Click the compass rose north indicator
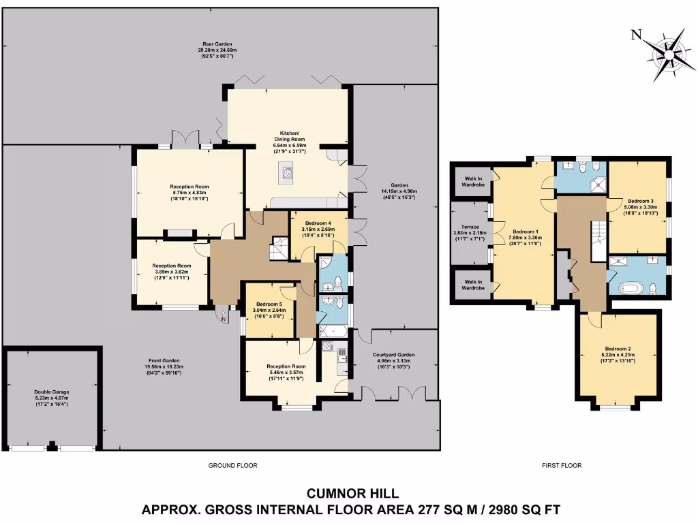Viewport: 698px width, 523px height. (637, 35)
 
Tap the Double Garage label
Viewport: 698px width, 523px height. (52, 392)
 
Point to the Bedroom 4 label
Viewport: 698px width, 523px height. (318, 223)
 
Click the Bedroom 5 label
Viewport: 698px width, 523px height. (270, 304)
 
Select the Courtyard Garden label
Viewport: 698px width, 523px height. (394, 355)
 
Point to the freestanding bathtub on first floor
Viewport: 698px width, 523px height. (631, 286)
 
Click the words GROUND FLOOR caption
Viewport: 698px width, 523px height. (228, 466)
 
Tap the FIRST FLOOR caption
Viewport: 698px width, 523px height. (561, 466)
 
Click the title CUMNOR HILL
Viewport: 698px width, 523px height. (352, 492)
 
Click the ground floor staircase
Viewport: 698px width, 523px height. (279, 248)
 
